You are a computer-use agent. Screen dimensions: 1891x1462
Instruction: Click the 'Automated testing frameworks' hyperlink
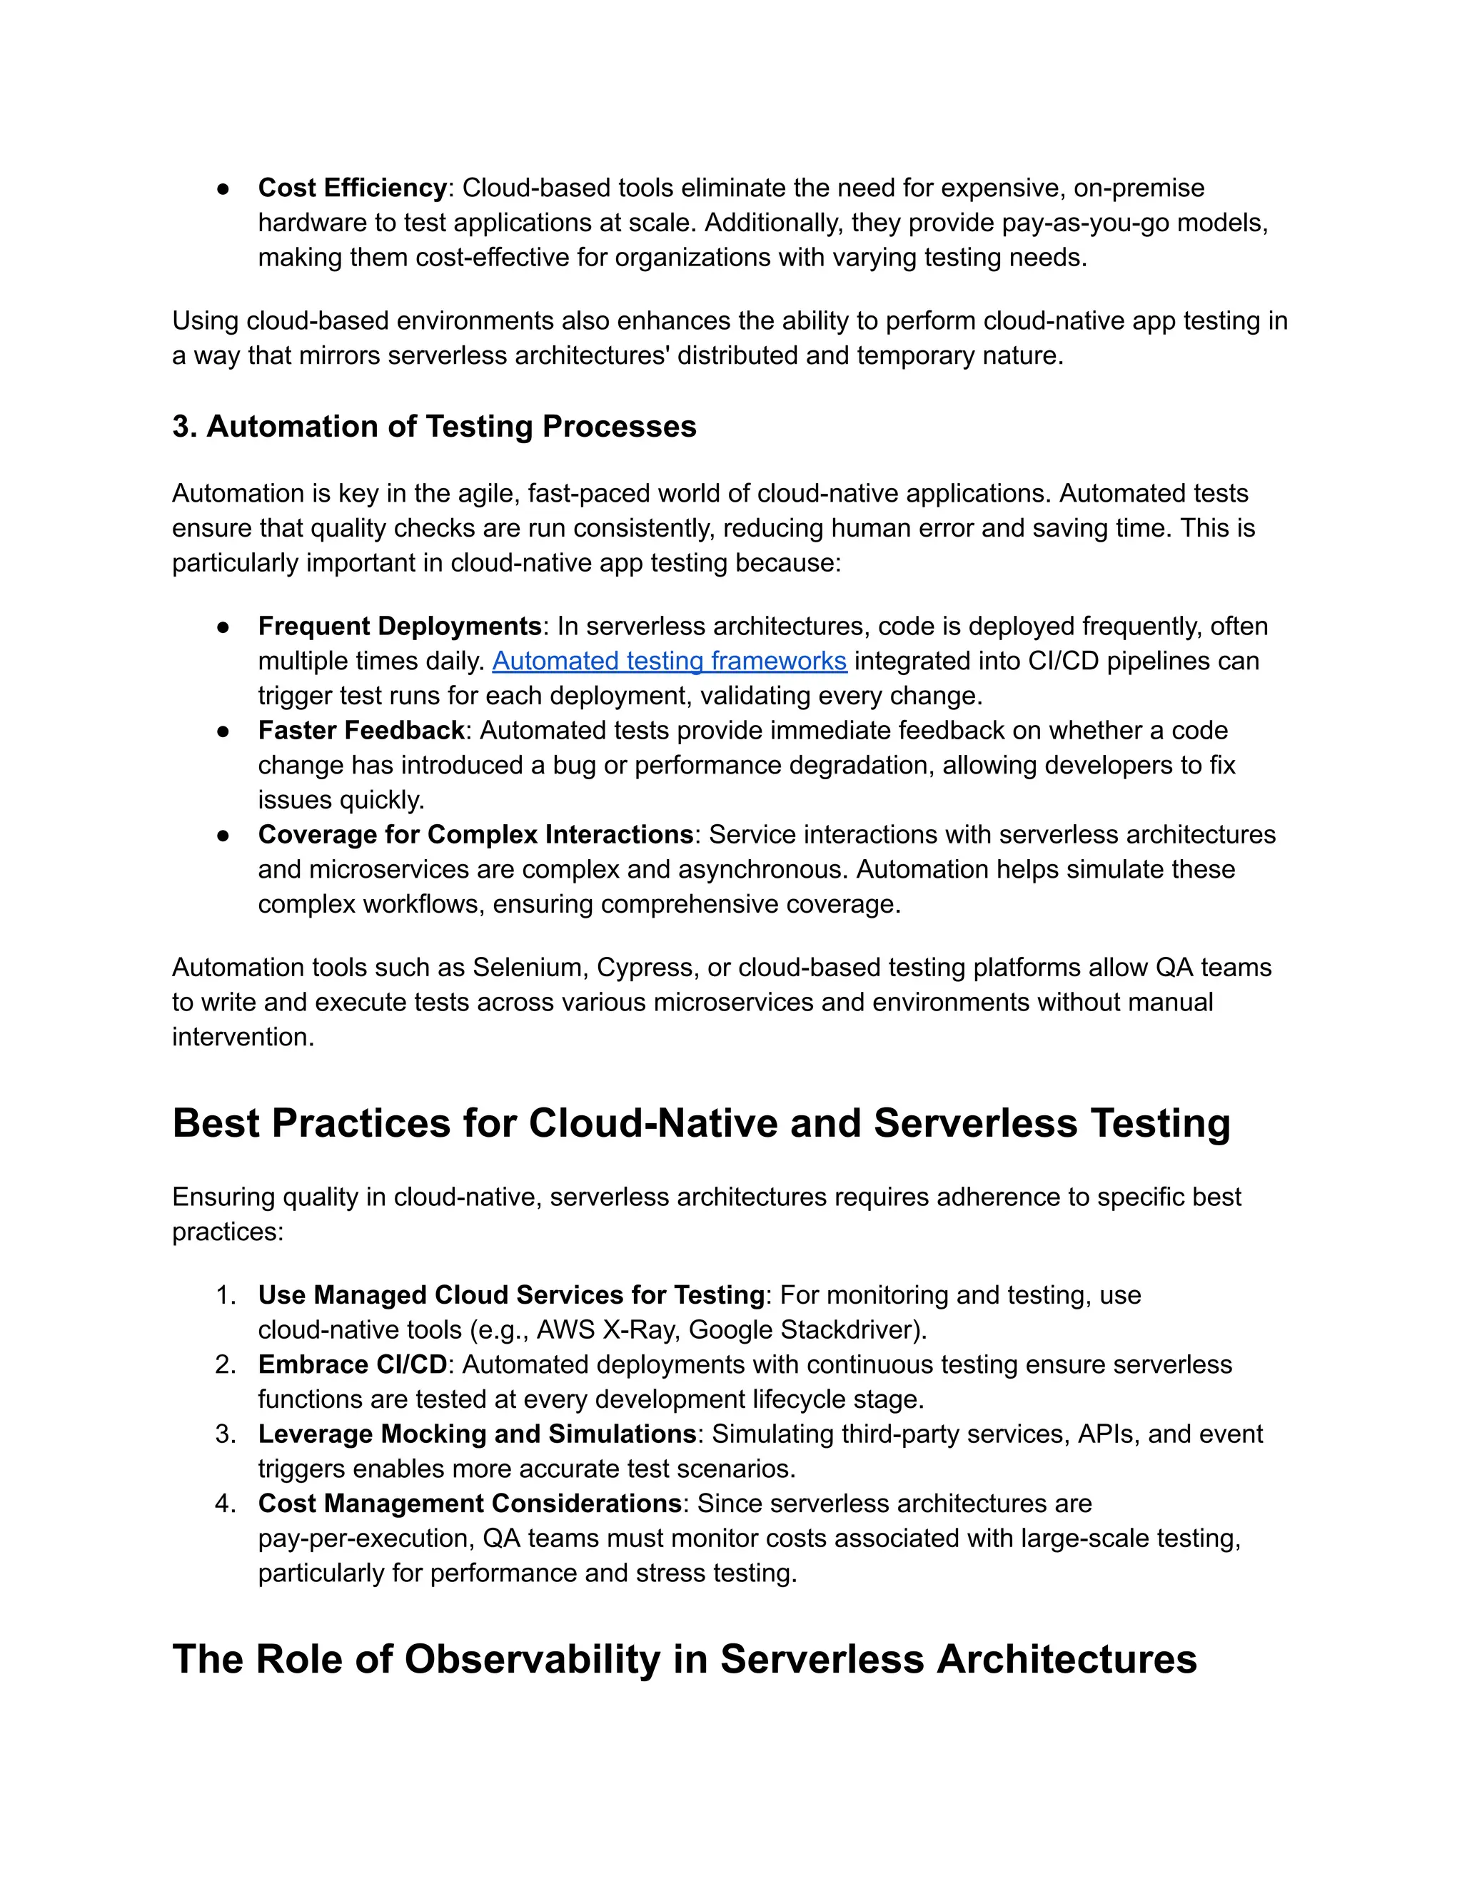coord(669,661)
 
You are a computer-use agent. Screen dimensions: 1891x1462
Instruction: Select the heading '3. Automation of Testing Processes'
coord(434,427)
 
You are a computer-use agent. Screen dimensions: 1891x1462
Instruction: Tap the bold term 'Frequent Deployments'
coord(399,626)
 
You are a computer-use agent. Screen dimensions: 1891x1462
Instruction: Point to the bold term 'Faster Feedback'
coord(361,731)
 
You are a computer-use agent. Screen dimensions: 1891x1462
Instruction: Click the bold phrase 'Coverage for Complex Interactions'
coord(475,835)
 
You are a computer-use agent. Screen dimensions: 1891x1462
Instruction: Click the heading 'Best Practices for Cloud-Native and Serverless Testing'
coord(701,1123)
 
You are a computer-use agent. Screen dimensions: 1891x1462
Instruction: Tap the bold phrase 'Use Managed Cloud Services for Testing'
coord(511,1295)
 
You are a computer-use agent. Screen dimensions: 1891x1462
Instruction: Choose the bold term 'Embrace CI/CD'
coord(352,1364)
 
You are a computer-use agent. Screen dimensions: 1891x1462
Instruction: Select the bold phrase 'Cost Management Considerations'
coord(470,1504)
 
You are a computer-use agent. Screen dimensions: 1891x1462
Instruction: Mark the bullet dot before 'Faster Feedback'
coord(223,731)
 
